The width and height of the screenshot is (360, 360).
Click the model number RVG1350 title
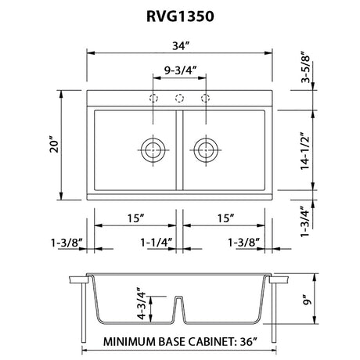click(180, 16)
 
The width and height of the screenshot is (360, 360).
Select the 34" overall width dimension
click(180, 46)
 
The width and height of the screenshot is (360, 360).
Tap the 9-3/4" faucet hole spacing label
click(180, 70)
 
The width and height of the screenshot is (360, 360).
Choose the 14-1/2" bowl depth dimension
click(304, 149)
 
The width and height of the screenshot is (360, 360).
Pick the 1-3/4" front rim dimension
click(304, 221)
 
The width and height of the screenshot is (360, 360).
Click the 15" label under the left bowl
click(135, 218)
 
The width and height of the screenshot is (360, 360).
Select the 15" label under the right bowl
click(225, 218)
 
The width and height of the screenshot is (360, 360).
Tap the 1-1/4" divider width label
click(157, 243)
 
